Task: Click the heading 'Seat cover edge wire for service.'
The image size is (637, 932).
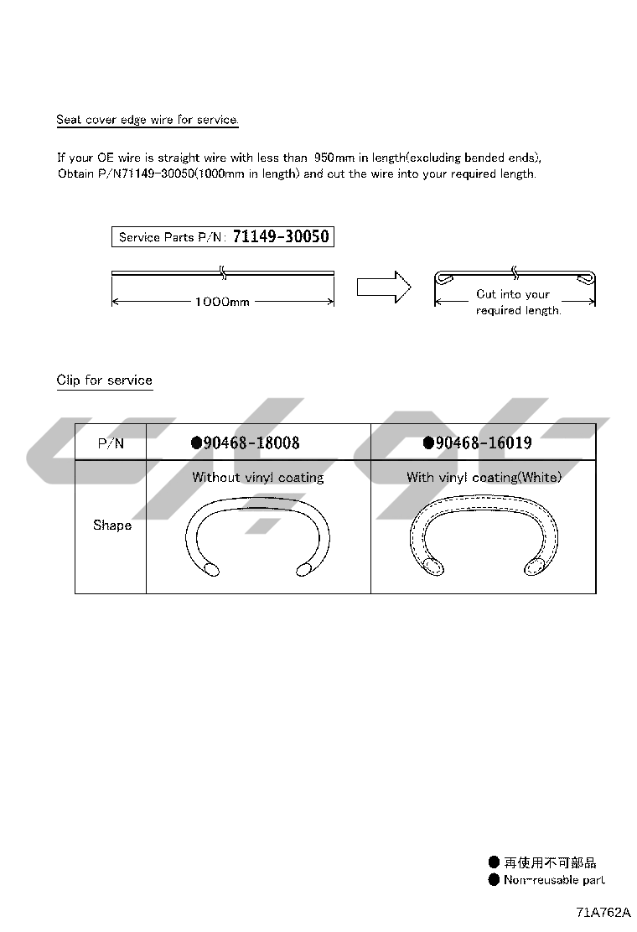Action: [148, 120]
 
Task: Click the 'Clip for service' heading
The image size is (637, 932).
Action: [105, 381]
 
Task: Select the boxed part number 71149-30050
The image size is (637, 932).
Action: [281, 237]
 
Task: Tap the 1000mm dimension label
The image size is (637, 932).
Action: [222, 302]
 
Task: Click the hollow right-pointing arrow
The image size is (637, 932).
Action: [383, 287]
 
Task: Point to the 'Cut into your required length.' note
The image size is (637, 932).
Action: [517, 303]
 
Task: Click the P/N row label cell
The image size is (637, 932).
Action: [111, 443]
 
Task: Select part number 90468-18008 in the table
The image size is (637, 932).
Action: [251, 443]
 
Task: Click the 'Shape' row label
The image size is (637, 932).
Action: [112, 526]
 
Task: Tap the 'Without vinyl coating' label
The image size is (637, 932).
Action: [258, 478]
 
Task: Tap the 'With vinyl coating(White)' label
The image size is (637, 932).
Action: [484, 478]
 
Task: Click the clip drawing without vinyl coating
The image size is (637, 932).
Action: [258, 536]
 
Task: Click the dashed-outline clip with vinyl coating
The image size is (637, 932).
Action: [484, 536]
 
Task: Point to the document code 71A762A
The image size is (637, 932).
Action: [603, 913]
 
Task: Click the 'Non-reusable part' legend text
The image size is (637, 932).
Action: [554, 880]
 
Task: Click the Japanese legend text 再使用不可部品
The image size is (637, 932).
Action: [550, 862]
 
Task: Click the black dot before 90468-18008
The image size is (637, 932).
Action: [196, 443]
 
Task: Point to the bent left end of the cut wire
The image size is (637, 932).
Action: [446, 278]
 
